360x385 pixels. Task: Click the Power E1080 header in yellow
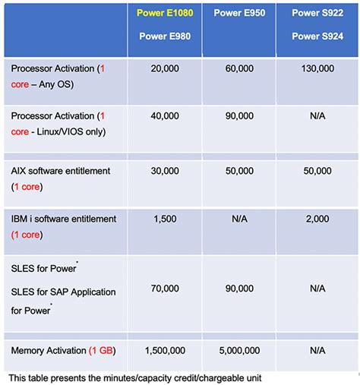[x=166, y=14]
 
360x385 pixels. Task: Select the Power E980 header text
[x=166, y=35]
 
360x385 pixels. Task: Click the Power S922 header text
[x=317, y=14]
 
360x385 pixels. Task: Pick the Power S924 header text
[x=317, y=35]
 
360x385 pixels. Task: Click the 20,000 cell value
[x=166, y=68]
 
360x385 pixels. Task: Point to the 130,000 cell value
[x=317, y=68]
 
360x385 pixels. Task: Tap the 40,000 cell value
[x=166, y=116]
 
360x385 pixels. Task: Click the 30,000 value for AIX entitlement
[x=166, y=172]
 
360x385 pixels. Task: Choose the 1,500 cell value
[x=166, y=219]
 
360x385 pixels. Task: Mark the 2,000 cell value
[x=317, y=219]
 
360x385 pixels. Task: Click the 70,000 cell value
[x=166, y=289]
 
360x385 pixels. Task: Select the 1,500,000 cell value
[x=166, y=351]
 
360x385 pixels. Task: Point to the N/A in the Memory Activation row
[x=317, y=351]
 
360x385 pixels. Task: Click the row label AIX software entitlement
[x=61, y=172]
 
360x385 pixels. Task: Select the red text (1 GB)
[x=103, y=351]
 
